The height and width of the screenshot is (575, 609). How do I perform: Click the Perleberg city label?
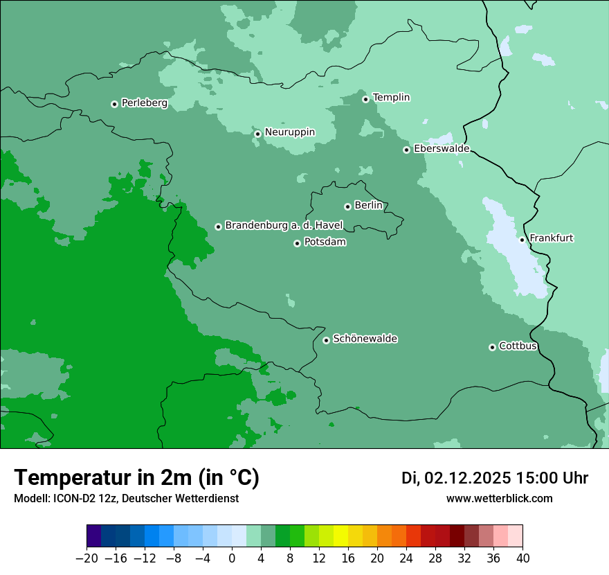[x=144, y=103]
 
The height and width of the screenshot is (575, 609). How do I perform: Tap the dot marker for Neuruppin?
[x=257, y=134]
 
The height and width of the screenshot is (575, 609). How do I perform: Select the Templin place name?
[x=391, y=98]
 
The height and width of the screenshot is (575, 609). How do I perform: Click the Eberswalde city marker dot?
[x=407, y=150]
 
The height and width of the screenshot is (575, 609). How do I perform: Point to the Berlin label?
[x=368, y=206]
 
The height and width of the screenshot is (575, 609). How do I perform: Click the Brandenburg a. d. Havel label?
[x=284, y=226]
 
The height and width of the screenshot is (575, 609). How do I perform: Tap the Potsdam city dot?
[x=297, y=243]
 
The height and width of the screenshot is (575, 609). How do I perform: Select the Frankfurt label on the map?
[x=551, y=238]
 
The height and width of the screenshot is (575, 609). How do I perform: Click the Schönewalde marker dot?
[x=326, y=340]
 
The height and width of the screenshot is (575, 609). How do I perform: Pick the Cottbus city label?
[x=518, y=346]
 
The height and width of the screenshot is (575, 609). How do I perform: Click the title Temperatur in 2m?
[x=136, y=477]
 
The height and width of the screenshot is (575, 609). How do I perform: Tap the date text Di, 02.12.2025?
[x=456, y=478]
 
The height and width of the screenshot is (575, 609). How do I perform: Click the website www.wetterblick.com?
[x=499, y=498]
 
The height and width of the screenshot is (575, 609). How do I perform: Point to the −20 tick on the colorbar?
[x=87, y=558]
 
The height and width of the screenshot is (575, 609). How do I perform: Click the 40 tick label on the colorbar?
[x=522, y=558]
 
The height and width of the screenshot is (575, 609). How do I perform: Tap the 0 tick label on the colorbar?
[x=232, y=558]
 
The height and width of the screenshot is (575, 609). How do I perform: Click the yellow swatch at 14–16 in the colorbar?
[x=340, y=536]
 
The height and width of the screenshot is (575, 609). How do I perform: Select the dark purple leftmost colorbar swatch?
[x=94, y=536]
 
